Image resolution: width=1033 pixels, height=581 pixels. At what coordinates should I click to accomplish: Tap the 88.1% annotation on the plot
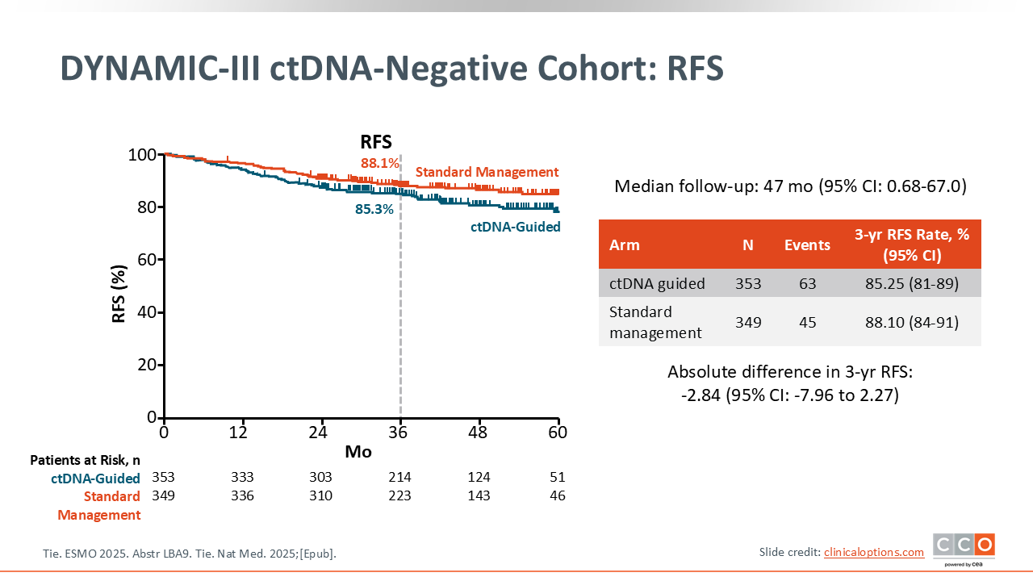pos(380,164)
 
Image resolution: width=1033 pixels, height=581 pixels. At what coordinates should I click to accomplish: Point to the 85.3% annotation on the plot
pos(374,209)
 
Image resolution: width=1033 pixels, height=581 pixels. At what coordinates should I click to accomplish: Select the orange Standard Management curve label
pos(487,172)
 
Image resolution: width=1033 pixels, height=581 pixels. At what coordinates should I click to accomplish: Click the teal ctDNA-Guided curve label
pos(516,227)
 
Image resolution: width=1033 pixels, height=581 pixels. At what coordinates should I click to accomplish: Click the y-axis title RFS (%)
pos(119,294)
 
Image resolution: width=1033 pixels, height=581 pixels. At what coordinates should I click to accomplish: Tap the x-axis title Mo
pos(358,452)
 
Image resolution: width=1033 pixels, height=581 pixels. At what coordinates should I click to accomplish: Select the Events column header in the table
pos(807,245)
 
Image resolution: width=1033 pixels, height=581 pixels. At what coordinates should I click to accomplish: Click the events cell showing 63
pos(807,283)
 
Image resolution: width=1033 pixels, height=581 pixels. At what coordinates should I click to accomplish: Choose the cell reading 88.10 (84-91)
pos(912,322)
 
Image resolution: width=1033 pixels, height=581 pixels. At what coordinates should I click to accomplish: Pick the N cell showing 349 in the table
pos(748,322)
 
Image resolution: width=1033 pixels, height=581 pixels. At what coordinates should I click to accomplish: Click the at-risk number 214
pos(399,477)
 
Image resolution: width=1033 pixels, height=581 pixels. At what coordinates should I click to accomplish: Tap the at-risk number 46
pos(557,495)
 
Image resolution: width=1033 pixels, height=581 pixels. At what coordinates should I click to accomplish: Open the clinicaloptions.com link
pos(874,552)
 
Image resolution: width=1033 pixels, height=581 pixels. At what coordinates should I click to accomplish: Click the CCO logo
pos(964,546)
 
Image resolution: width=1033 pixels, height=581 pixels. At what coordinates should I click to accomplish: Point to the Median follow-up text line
pos(790,187)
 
